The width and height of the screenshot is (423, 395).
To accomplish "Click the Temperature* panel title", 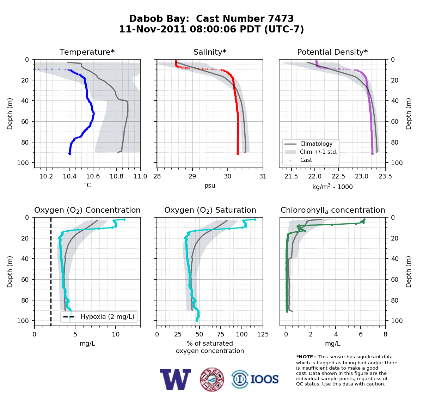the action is pyautogui.click(x=87, y=52).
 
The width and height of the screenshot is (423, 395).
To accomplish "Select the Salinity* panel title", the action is pyautogui.click(x=210, y=52).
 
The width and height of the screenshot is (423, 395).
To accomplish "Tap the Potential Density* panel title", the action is pyautogui.click(x=332, y=52).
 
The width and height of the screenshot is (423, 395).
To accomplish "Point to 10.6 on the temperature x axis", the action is pyautogui.click(x=93, y=176).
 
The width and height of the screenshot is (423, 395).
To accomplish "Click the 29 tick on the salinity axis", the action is pyautogui.click(x=192, y=176).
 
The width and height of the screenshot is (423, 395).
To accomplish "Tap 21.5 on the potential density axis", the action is pyautogui.click(x=291, y=176).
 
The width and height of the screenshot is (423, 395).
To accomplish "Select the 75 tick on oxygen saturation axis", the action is pyautogui.click(x=220, y=334).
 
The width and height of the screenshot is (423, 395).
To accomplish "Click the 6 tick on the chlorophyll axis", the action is pyautogui.click(x=361, y=334).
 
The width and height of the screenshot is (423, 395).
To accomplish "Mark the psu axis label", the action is pyautogui.click(x=210, y=186).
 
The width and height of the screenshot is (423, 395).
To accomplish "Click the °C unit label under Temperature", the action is pyautogui.click(x=87, y=185).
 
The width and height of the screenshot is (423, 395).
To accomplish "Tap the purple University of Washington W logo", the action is pyautogui.click(x=175, y=379).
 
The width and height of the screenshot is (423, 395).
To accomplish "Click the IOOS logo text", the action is pyautogui.click(x=264, y=379).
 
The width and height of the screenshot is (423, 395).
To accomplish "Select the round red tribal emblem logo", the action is pyautogui.click(x=212, y=379).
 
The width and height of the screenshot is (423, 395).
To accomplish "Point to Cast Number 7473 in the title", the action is pyautogui.click(x=245, y=19).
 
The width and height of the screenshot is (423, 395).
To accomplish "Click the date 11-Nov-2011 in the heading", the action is pyautogui.click(x=153, y=29).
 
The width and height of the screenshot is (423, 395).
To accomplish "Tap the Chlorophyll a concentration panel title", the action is pyautogui.click(x=332, y=210).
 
